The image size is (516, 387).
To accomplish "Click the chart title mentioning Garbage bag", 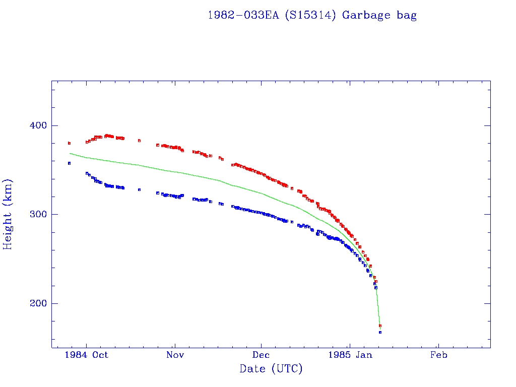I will pyautogui.click(x=312, y=15).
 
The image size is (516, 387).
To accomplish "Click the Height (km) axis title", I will pyautogui.click(x=8, y=214).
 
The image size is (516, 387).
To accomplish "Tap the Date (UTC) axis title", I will pyautogui.click(x=271, y=369).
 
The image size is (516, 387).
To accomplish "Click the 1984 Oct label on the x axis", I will pyautogui.click(x=86, y=355).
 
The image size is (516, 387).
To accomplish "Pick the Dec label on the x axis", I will pyautogui.click(x=262, y=355).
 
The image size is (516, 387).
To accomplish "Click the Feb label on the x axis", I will pyautogui.click(x=438, y=355).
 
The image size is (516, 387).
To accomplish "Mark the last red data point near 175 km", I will pyautogui.click(x=380, y=326).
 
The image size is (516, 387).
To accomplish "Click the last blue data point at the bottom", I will pyautogui.click(x=380, y=332).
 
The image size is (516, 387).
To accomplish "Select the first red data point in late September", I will pyautogui.click(x=69, y=143).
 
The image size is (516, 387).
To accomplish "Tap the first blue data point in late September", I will pyautogui.click(x=69, y=163).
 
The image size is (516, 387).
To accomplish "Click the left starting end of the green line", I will pyautogui.click(x=70, y=153).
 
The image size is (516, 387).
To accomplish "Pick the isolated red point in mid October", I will pyautogui.click(x=139, y=141).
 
